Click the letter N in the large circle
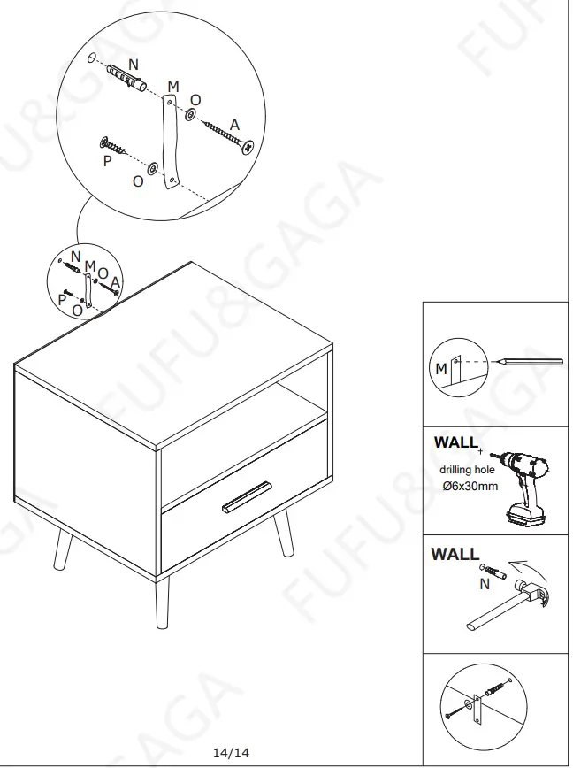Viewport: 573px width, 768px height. coord(133,64)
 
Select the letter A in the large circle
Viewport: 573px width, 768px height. coord(234,125)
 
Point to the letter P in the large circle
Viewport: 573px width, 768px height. coord(107,162)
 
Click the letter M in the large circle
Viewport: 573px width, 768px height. coord(173,87)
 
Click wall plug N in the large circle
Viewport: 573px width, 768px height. coord(125,81)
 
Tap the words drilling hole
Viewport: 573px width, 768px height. coord(467,470)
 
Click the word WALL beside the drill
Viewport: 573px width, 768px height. coord(455,442)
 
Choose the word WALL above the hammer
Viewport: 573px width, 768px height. coord(454,555)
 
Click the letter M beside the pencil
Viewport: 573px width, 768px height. coord(440,369)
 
